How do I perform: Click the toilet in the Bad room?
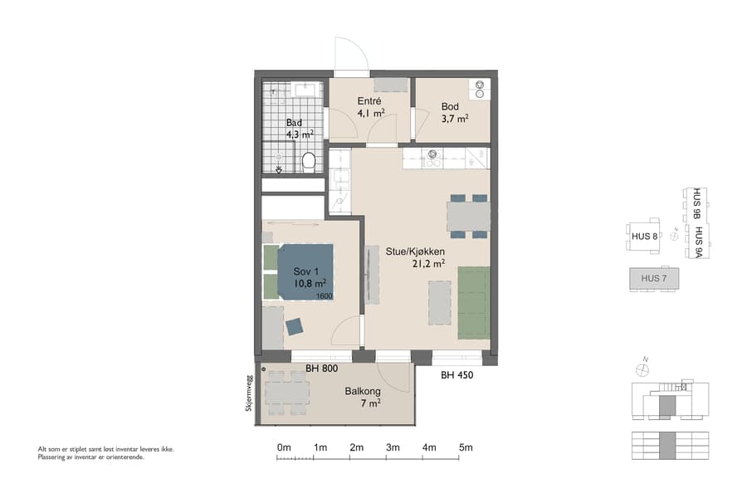(309, 160)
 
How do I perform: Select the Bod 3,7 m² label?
(454, 112)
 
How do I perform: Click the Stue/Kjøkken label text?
(415, 251)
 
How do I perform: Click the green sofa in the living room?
(473, 302)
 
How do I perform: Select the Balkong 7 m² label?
(363, 397)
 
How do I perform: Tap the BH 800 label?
(322, 369)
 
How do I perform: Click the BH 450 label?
(457, 375)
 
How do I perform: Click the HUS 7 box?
(653, 279)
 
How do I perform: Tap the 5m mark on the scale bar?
(466, 448)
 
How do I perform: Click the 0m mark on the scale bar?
(284, 448)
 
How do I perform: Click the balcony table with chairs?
(286, 392)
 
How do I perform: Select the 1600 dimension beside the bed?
(324, 296)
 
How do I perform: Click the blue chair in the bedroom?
(295, 327)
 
